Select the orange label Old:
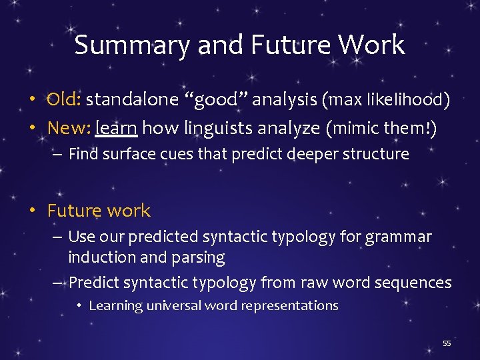point(64,100)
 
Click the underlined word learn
point(116,127)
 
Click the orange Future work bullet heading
point(99,211)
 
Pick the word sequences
point(413,283)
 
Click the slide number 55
point(447,343)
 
